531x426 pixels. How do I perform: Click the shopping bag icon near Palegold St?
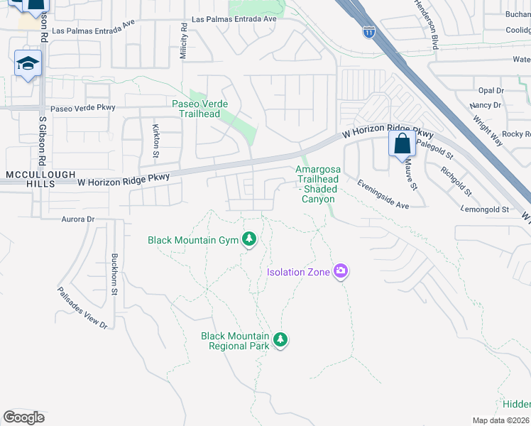(x=402, y=143)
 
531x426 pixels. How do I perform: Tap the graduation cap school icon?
(x=28, y=64)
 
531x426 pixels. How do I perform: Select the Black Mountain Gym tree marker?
(x=248, y=240)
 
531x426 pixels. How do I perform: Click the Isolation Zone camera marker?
(x=341, y=271)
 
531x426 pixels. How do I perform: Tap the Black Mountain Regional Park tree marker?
(x=280, y=340)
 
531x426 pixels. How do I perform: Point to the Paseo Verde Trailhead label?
(x=200, y=109)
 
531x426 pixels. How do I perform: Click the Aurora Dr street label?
(x=78, y=219)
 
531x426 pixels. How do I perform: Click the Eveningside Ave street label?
(x=383, y=194)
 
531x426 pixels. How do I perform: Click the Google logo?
(x=24, y=417)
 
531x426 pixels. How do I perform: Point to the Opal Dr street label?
(x=491, y=91)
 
